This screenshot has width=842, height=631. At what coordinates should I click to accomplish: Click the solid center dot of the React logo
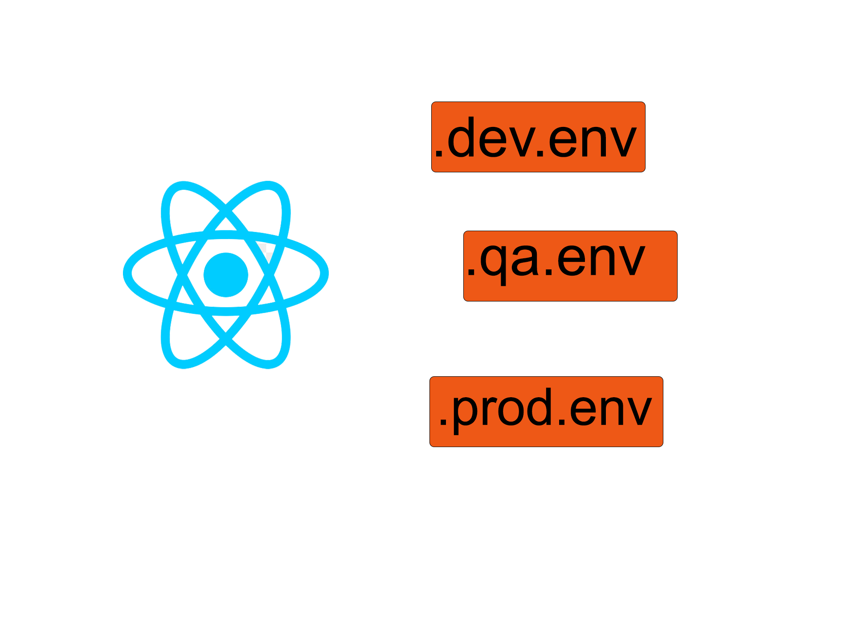225,274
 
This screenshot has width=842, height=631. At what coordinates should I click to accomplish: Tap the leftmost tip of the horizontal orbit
127,273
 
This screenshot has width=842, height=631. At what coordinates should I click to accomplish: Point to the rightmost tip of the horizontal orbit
325,273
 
